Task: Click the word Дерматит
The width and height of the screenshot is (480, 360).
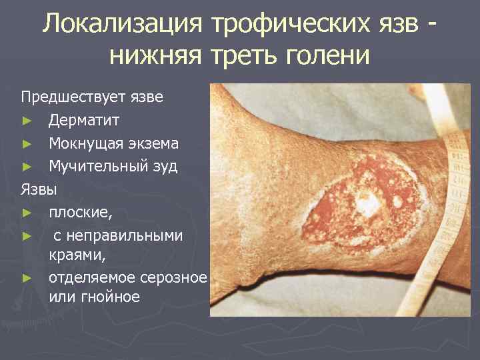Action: pos(84,121)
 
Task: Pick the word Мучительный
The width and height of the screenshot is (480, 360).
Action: pos(99,166)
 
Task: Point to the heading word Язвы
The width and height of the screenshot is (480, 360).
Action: pos(39,189)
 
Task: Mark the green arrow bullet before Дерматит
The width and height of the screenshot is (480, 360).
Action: pos(27,121)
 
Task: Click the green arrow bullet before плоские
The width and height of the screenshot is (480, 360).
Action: pos(27,213)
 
